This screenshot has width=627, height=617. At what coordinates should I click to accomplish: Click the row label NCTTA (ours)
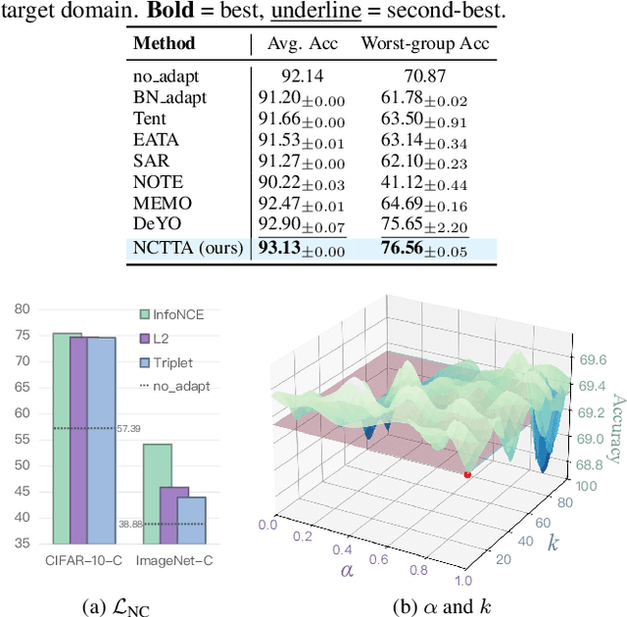coord(186,249)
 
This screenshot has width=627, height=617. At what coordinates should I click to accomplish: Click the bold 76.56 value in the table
coord(402,249)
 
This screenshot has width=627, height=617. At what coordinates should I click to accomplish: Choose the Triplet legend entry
coord(175,361)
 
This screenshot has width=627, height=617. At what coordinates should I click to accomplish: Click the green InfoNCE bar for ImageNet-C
coord(157,493)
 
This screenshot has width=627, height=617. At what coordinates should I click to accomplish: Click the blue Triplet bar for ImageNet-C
coord(192,519)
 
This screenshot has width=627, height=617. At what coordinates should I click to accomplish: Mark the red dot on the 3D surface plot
coord(466,475)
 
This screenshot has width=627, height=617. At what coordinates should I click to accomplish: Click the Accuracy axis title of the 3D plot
coord(616,428)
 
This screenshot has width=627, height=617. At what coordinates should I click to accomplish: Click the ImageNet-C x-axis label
coord(174,561)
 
